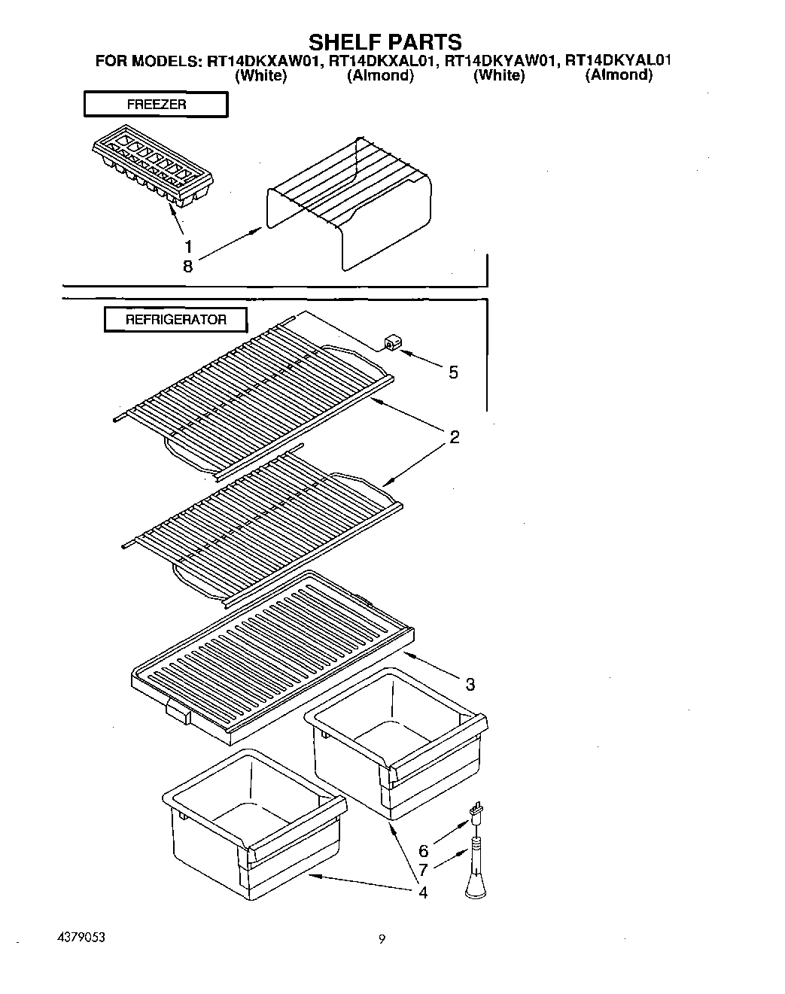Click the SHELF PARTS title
pyautogui.click(x=385, y=41)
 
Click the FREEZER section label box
pyautogui.click(x=156, y=105)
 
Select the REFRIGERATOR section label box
pyautogui.click(x=175, y=320)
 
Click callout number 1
pyautogui.click(x=188, y=246)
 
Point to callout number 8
pyautogui.click(x=188, y=266)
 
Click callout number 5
pyautogui.click(x=453, y=372)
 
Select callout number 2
pyautogui.click(x=455, y=436)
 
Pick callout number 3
pyautogui.click(x=470, y=684)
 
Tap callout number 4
pyautogui.click(x=423, y=892)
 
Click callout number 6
pyautogui.click(x=424, y=851)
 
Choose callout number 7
pyautogui.click(x=424, y=871)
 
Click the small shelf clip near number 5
pyautogui.click(x=391, y=343)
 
